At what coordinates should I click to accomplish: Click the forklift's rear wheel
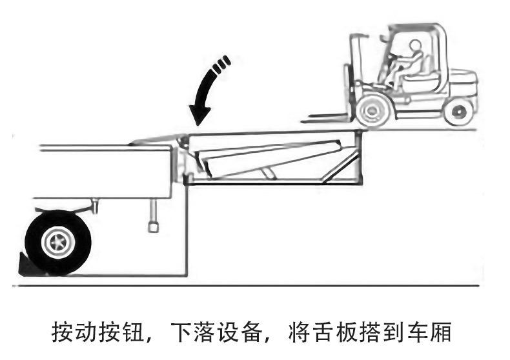coord(458,111)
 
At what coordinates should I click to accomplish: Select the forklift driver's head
coord(415,46)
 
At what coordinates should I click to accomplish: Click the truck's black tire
coord(57,241)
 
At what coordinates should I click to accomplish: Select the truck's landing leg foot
coord(154,226)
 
